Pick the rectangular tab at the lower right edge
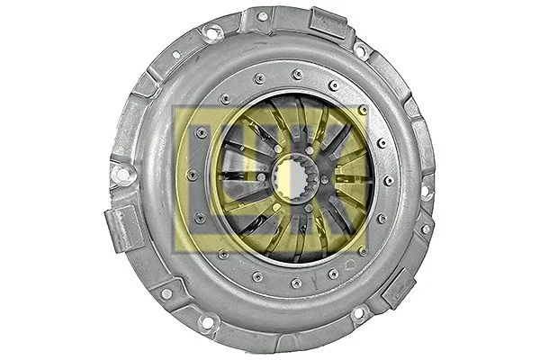pos(396,289)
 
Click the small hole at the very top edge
pos(262,15)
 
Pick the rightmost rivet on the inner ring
pos(388,180)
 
